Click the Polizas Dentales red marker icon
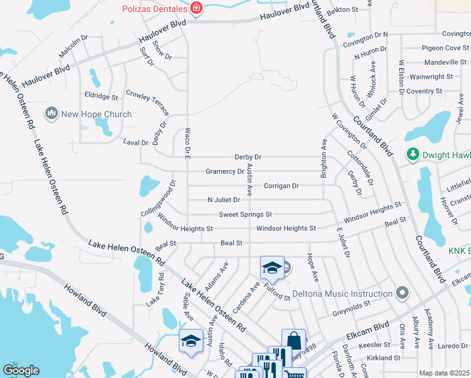[197, 8]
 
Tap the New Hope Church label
[96, 114]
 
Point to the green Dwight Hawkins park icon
[413, 153]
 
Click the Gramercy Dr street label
[225, 171]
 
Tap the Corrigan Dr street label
[281, 186]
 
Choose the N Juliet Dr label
[224, 200]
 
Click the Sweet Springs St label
[245, 215]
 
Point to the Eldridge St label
[101, 98]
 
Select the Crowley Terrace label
[148, 101]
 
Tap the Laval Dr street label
[135, 143]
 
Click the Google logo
[20, 370]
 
